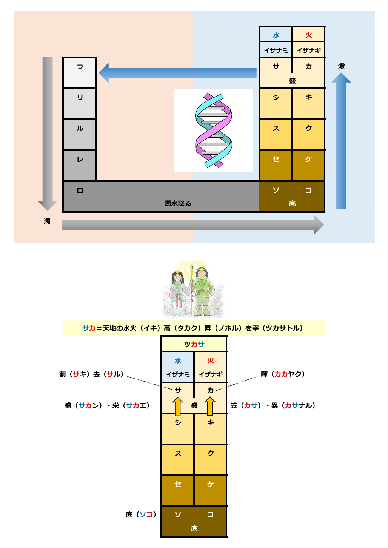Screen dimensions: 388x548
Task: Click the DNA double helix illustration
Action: tap(214, 130)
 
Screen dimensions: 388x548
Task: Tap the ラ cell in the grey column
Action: tap(80, 73)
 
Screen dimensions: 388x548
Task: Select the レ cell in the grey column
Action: tap(80, 166)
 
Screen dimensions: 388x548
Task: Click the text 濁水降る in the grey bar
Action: tap(178, 203)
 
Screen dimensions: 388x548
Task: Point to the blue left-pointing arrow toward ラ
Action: tap(177, 73)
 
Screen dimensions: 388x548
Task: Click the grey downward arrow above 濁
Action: tap(48, 134)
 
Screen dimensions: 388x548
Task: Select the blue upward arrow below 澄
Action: tap(341, 141)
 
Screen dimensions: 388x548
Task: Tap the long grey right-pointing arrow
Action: tap(193, 224)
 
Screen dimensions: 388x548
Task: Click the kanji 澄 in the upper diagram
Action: tap(341, 66)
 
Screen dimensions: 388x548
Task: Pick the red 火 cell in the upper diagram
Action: tap(308, 34)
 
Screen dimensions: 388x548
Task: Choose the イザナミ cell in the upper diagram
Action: tap(276, 50)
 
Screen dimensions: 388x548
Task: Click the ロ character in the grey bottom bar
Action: tap(80, 190)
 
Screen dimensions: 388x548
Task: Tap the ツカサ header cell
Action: tap(194, 344)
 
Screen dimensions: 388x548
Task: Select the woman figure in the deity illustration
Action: tap(178, 293)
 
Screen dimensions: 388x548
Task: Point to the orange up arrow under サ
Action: tap(177, 406)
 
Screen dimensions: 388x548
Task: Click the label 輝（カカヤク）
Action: tap(283, 374)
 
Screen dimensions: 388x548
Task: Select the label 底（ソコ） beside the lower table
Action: tap(141, 514)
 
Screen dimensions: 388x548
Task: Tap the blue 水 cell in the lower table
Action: tap(178, 360)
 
